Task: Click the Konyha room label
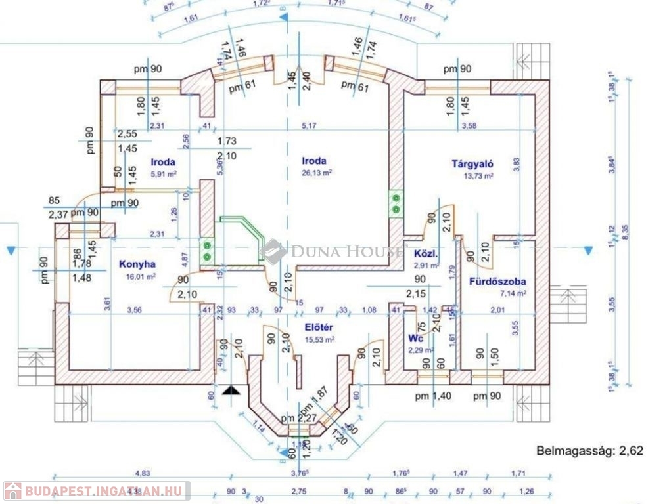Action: coord(137,264)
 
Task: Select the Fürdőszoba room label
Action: coord(497,282)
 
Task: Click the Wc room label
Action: coord(415,339)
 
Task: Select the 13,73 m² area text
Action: coord(480,176)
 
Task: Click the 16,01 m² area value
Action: coord(141,277)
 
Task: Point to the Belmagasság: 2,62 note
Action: coord(589,450)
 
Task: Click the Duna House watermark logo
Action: coord(333,251)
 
